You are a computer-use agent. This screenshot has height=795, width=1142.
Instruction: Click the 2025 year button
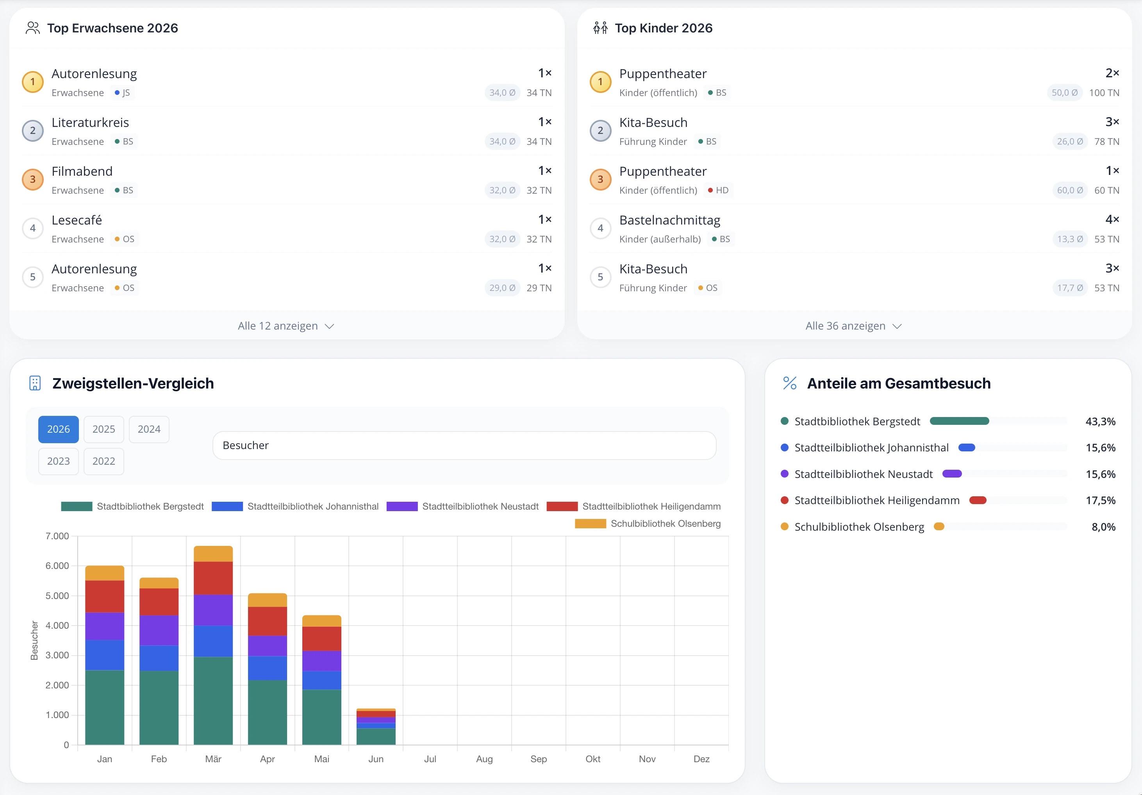(x=103, y=429)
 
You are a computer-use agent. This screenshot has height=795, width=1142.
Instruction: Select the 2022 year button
(x=103, y=461)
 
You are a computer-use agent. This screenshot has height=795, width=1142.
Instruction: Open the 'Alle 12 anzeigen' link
(x=286, y=326)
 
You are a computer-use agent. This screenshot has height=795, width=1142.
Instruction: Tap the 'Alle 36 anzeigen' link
(x=853, y=326)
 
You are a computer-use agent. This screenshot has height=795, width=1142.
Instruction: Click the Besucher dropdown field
(x=464, y=446)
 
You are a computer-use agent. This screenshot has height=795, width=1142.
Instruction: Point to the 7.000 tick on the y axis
(x=57, y=536)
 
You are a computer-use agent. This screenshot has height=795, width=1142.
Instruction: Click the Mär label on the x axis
(x=213, y=759)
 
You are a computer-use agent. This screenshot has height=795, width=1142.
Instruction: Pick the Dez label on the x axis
(x=701, y=759)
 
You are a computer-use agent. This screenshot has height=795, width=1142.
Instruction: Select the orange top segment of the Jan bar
(x=104, y=573)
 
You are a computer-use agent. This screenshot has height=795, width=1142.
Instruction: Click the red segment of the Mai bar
(x=322, y=639)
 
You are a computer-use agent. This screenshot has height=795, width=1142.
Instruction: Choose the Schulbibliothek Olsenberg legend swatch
(x=591, y=524)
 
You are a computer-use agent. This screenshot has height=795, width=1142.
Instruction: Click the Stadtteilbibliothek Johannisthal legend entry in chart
(x=295, y=506)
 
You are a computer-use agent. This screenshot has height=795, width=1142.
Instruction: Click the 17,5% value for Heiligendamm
(x=1100, y=500)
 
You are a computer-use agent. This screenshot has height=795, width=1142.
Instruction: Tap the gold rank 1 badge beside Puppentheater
(x=600, y=82)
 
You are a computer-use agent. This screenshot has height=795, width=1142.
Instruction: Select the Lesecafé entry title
(x=77, y=220)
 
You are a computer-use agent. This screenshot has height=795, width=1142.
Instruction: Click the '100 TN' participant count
(x=1104, y=93)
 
